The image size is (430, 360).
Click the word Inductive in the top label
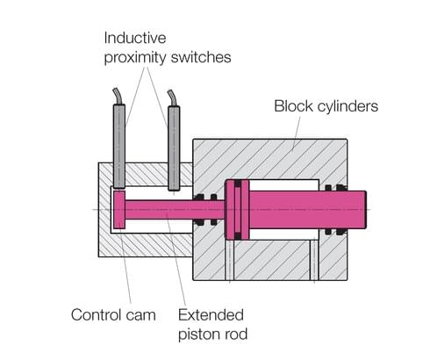137,39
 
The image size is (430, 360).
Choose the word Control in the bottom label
97,313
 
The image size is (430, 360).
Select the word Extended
211,313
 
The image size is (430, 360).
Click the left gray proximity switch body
119,145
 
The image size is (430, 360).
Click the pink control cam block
120,212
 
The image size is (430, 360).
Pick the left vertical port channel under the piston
229,260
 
